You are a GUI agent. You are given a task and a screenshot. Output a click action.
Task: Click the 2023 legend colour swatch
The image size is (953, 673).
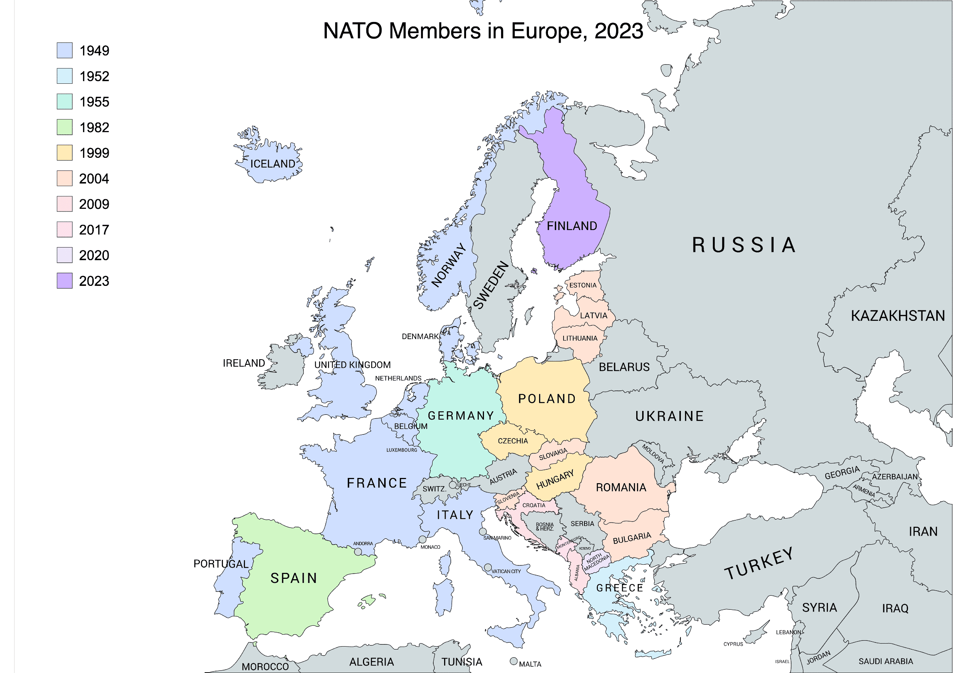click(x=64, y=281)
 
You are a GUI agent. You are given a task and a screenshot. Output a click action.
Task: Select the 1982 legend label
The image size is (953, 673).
click(x=94, y=127)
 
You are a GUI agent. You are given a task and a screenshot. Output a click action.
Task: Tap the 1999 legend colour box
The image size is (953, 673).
click(x=64, y=153)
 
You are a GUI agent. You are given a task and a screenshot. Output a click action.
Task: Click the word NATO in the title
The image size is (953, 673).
click(x=353, y=31)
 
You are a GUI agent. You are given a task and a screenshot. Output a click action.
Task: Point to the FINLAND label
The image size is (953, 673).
click(x=571, y=226)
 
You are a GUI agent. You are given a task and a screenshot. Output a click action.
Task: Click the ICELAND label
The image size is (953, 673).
click(x=272, y=164)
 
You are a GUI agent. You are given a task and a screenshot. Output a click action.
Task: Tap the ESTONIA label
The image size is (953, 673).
click(x=582, y=286)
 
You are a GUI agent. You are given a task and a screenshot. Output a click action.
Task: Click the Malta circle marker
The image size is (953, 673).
click(x=513, y=661)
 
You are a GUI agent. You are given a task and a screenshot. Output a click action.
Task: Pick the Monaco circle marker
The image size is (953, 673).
click(x=422, y=539)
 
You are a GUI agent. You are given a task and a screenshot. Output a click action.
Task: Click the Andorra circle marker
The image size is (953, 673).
click(x=358, y=552)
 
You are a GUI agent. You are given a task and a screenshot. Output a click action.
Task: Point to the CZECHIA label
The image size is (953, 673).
click(x=513, y=441)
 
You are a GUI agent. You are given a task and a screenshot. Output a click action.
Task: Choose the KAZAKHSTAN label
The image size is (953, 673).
click(x=898, y=316)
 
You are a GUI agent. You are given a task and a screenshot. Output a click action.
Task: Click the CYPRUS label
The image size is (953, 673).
click(x=733, y=644)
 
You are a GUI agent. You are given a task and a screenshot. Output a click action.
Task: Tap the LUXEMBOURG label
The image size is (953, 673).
click(x=401, y=450)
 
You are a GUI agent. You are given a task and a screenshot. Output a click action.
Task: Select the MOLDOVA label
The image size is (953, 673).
click(x=653, y=453)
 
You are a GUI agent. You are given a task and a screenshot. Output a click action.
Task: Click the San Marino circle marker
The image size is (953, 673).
click(x=483, y=532)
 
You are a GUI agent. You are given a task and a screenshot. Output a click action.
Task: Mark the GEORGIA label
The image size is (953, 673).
click(x=842, y=473)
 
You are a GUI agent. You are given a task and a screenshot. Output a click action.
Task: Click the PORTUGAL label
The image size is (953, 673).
click(x=221, y=564)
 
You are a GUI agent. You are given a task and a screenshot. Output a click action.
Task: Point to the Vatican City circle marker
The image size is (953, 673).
click(x=488, y=567)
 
